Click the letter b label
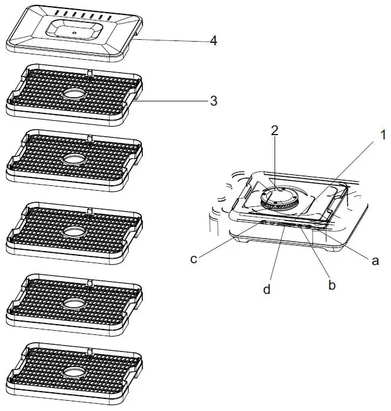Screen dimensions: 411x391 click(x=331, y=285)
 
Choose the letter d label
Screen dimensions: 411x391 click(x=267, y=290)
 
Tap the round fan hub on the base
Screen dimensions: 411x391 click(x=279, y=197)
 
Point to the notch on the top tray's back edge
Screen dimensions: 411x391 click(x=89, y=72)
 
